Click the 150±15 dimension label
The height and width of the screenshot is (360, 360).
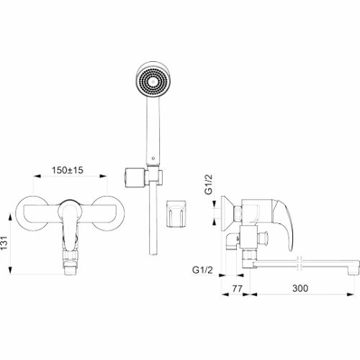point(68,170)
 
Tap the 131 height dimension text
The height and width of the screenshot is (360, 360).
point(4,243)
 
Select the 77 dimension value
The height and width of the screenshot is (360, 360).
point(237,288)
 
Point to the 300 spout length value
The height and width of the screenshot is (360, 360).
point(300,288)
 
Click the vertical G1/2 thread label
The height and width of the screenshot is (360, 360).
point(208,184)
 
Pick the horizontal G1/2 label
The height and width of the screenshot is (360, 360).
point(202,270)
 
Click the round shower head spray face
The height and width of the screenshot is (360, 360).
point(153,81)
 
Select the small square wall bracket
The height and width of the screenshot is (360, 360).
point(176,213)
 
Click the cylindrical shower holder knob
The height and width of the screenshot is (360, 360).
point(135,178)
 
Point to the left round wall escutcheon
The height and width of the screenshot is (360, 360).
point(32,213)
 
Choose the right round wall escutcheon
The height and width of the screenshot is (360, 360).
point(109,213)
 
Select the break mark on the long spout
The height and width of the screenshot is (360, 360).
point(300,264)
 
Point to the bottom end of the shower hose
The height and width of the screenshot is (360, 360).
point(153,253)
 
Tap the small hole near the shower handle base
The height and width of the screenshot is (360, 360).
point(153,158)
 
